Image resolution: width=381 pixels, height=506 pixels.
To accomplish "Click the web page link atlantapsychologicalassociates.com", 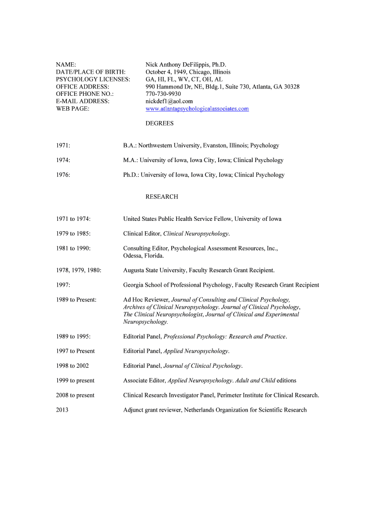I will click(197, 109).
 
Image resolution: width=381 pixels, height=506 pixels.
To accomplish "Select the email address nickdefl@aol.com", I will click(169, 101).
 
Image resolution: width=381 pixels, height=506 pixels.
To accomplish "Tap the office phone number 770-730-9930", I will click(163, 94).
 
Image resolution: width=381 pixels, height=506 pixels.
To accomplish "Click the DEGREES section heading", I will click(159, 124).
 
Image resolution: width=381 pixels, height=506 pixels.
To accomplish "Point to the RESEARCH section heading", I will click(161, 197).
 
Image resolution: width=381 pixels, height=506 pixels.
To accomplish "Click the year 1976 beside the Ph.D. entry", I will click(63, 175).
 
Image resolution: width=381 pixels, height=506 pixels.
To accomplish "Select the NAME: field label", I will click(66, 65).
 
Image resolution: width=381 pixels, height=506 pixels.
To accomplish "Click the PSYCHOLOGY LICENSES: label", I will click(93, 79).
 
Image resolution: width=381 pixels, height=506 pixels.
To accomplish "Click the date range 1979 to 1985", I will click(73, 233).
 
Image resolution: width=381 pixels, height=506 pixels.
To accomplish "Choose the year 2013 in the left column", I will click(62, 410).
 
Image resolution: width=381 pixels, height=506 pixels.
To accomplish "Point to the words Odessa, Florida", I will click(143, 255).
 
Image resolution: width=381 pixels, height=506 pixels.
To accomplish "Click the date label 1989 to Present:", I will click(76, 300).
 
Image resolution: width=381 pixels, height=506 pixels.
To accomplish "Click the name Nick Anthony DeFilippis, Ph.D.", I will click(186, 65).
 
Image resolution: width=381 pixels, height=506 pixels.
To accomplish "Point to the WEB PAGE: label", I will click(73, 109).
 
